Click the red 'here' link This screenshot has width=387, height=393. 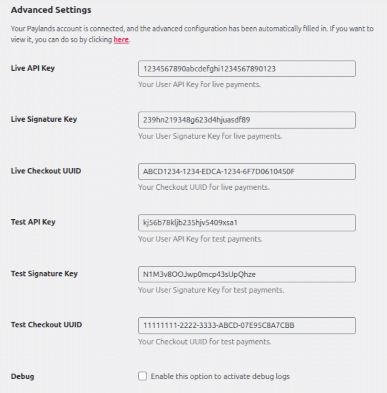(121, 41)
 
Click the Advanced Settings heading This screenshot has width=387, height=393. (51, 10)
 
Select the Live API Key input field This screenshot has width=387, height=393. (247, 69)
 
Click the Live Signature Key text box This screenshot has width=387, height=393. (247, 120)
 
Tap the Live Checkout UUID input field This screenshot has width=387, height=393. (247, 172)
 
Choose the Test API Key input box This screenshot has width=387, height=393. (247, 223)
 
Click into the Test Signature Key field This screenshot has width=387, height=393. (247, 274)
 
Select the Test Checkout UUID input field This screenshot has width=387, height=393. (247, 326)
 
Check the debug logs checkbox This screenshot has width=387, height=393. (143, 376)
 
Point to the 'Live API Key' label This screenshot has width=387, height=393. (32, 68)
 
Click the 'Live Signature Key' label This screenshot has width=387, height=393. (44, 119)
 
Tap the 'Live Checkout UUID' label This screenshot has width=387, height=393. (45, 171)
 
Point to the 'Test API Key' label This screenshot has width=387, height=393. (33, 222)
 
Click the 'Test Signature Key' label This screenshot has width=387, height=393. (44, 274)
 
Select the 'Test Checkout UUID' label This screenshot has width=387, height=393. (46, 325)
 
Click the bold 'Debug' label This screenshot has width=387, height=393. (22, 377)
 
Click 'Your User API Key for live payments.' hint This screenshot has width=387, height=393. (199, 85)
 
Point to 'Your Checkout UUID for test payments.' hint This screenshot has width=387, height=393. (204, 342)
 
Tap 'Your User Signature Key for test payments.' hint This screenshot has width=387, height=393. (211, 290)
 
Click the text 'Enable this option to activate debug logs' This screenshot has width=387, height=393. (220, 376)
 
